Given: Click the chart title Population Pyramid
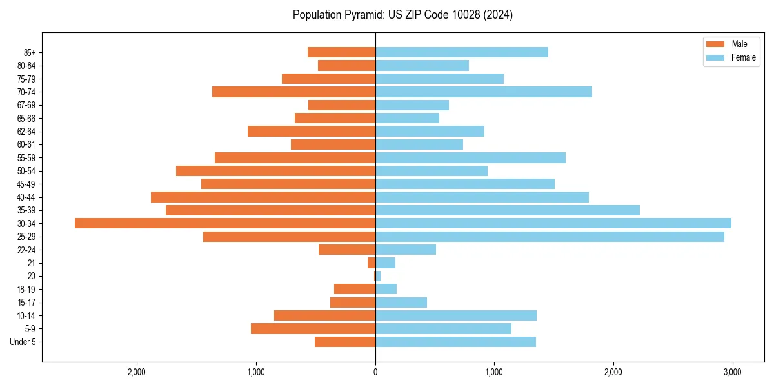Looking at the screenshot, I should pyautogui.click(x=402, y=15).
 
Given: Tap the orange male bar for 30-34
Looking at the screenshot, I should pyautogui.click(x=225, y=223).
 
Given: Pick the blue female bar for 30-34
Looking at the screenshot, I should pyautogui.click(x=553, y=223).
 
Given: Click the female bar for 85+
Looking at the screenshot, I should pyautogui.click(x=462, y=52).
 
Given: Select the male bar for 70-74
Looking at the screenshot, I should pyautogui.click(x=293, y=92).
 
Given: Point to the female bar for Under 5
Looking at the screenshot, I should pyautogui.click(x=455, y=342).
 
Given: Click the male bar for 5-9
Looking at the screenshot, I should pyautogui.click(x=313, y=328).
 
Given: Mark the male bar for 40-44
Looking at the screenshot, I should pyautogui.click(x=263, y=197).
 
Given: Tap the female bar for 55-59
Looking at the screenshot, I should pyautogui.click(x=470, y=157).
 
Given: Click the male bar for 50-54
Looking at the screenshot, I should pyautogui.click(x=275, y=171).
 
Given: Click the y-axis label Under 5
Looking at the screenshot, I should pyautogui.click(x=23, y=342).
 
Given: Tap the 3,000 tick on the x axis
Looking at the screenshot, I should pyautogui.click(x=732, y=372).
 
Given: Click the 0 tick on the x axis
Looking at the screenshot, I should pyautogui.click(x=375, y=372).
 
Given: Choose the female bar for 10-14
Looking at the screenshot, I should pyautogui.click(x=456, y=315).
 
